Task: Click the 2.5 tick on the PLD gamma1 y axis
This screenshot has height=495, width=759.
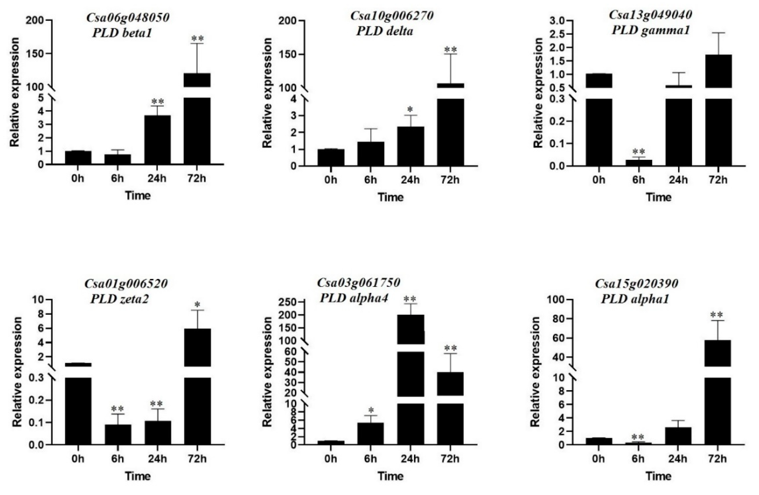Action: tap(564, 34)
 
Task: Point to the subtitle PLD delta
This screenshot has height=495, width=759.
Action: tap(384, 31)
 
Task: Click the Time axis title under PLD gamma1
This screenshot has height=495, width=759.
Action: tap(658, 197)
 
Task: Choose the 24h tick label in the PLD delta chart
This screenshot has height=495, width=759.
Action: tap(410, 180)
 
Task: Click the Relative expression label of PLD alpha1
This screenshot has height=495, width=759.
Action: tap(536, 372)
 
